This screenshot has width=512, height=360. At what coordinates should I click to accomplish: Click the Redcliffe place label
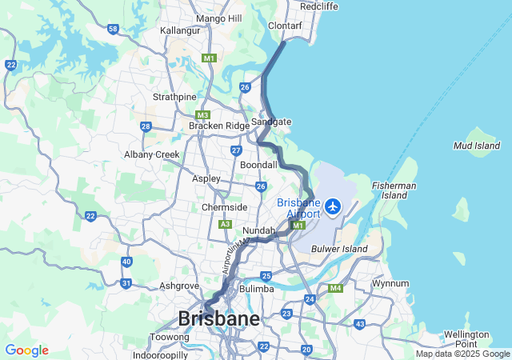(318, 6)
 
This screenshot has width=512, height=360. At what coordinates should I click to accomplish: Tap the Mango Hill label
(218, 18)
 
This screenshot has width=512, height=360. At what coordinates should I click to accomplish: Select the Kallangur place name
(179, 30)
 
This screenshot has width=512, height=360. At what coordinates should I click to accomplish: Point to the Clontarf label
(285, 26)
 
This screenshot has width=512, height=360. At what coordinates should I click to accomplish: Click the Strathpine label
(174, 98)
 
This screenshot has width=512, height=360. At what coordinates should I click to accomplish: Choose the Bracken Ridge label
(219, 126)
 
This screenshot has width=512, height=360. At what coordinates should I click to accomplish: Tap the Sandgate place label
(271, 122)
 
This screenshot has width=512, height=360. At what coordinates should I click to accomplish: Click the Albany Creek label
(151, 154)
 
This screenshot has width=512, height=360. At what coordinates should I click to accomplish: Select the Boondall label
(258, 165)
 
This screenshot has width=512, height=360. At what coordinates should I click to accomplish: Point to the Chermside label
(224, 207)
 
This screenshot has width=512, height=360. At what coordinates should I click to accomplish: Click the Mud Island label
(477, 146)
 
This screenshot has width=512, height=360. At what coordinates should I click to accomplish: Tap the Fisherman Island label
(394, 190)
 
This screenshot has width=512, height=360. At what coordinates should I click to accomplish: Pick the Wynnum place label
(390, 283)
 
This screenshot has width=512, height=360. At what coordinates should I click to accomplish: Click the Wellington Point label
(466, 338)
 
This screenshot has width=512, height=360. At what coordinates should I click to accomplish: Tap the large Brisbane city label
(218, 319)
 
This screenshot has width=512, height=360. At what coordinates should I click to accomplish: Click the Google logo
(26, 350)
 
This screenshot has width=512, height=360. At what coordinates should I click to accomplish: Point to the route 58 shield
(113, 29)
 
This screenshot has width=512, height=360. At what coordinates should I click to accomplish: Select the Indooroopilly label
(161, 354)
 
